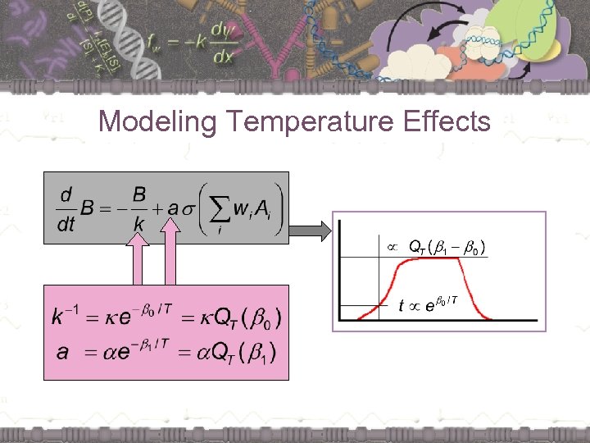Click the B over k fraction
[x=139, y=208]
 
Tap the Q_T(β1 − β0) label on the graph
[x=447, y=246]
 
